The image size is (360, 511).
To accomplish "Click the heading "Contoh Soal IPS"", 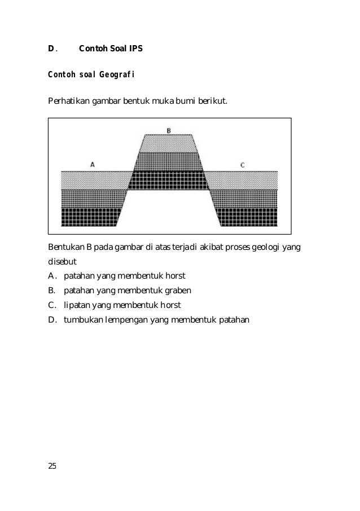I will [111, 49].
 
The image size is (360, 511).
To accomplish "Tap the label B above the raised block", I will [168, 130].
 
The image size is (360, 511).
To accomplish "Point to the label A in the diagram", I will [92, 164].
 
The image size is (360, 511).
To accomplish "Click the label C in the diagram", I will [242, 165].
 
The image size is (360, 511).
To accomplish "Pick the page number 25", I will [52, 465].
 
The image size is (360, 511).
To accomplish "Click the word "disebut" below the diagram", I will [62, 262].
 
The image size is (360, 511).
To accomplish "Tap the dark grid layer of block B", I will [168, 180].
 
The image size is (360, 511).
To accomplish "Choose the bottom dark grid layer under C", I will [248, 217].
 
